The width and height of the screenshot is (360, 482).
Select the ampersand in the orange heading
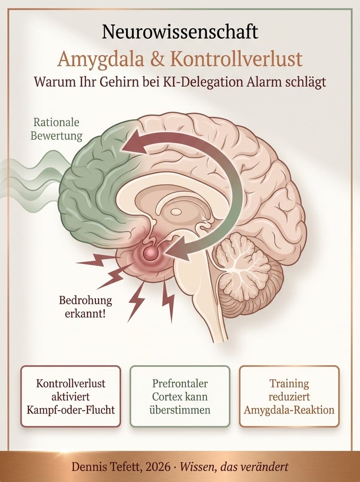click(161, 59)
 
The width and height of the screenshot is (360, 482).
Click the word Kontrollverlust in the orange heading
click(235, 59)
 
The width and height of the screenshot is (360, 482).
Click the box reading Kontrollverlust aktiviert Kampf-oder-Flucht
click(71, 396)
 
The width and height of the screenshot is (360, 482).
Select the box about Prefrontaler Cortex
click(180, 396)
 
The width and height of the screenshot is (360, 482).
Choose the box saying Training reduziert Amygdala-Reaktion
click(289, 396)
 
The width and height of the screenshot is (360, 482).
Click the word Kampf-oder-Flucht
click(71, 410)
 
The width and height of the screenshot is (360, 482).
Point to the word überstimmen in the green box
click(180, 410)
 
